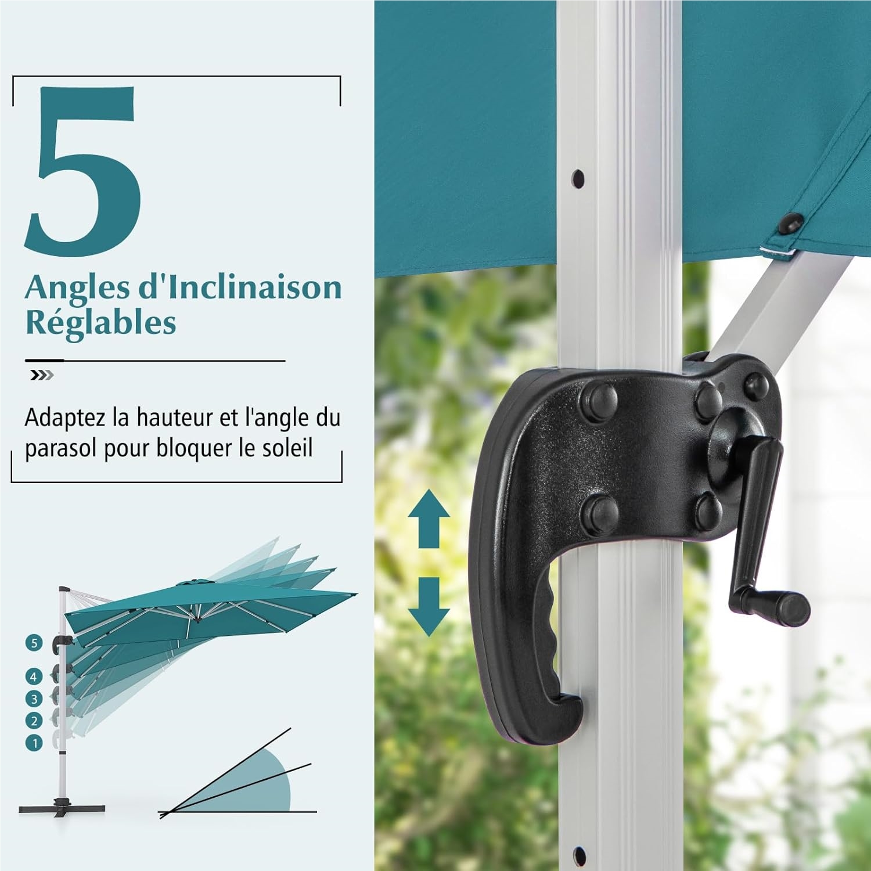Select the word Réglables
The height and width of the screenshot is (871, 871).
tap(100, 323)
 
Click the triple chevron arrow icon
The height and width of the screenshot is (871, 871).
tap(42, 376)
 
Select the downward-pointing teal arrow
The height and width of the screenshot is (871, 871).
tap(429, 606)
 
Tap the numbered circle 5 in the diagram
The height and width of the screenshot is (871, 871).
tap(34, 643)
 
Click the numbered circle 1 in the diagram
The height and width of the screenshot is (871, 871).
tap(34, 743)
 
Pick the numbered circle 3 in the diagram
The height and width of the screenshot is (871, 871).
tap(34, 699)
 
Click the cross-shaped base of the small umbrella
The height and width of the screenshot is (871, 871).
tap(62, 808)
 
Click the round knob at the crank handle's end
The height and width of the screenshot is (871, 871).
tap(794, 607)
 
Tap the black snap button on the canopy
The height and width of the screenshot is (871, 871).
tap(792, 221)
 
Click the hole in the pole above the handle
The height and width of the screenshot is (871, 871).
tap(578, 178)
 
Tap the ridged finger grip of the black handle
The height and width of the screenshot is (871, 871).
tap(549, 633)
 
